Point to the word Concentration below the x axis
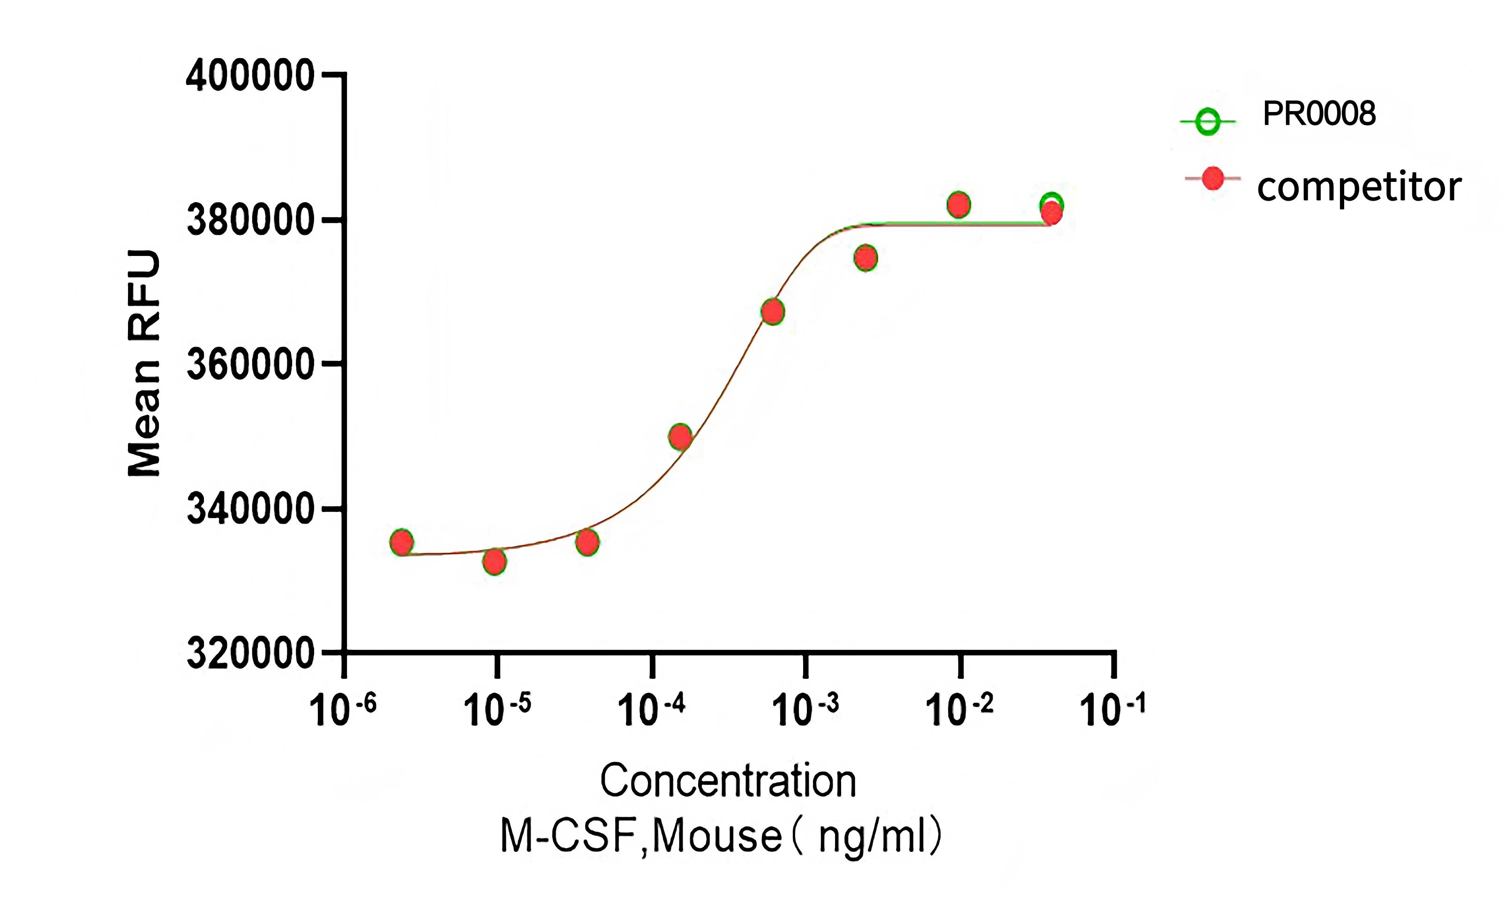click(728, 781)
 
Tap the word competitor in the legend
click(1359, 186)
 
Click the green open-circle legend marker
click(1207, 121)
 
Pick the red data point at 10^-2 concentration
click(958, 205)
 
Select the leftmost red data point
click(401, 542)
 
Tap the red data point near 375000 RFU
click(865, 258)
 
